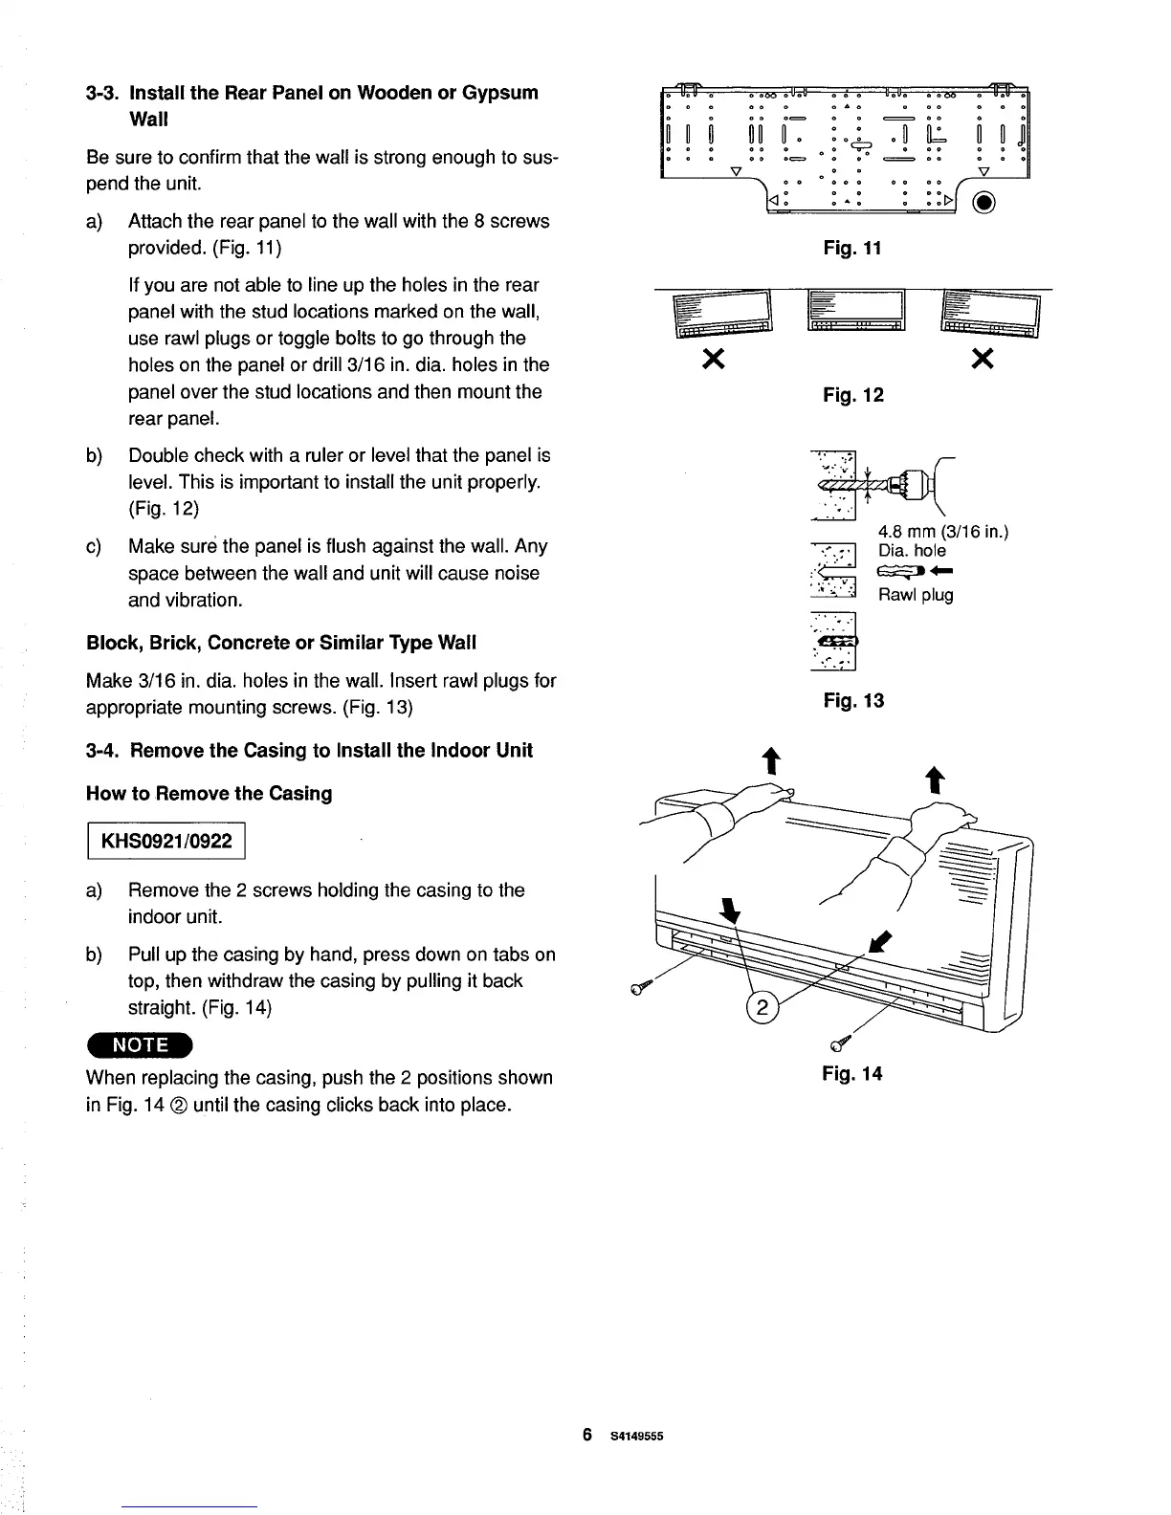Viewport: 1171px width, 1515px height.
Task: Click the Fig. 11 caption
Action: [851, 249]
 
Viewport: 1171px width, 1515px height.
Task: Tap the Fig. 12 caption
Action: [853, 395]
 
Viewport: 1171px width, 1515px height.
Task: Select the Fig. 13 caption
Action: [853, 701]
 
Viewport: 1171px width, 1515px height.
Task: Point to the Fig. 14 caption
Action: [851, 1073]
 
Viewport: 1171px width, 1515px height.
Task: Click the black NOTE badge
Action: [140, 1044]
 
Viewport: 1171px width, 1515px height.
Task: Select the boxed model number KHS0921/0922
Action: [166, 841]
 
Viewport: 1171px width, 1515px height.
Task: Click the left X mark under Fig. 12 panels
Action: [712, 359]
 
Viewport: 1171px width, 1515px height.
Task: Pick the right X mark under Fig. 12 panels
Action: [983, 359]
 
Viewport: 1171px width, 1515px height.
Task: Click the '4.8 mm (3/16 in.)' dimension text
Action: [944, 533]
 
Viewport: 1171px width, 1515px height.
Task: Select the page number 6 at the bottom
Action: [587, 1435]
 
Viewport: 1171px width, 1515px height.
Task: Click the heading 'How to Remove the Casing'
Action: [209, 794]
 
